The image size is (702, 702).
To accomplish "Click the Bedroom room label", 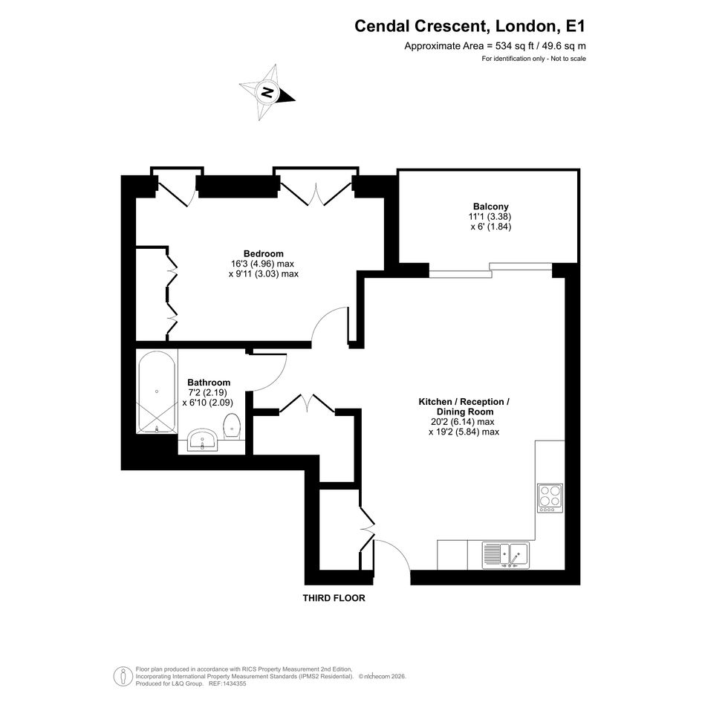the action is (x=263, y=253).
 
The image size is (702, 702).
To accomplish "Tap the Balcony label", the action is (x=491, y=207).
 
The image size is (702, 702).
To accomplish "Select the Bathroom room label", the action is (x=209, y=383).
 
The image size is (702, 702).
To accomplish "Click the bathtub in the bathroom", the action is (x=157, y=392).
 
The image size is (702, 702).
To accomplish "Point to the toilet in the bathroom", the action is (x=232, y=426).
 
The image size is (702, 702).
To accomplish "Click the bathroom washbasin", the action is (x=202, y=440).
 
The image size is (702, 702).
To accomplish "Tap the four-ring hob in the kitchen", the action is (x=550, y=498).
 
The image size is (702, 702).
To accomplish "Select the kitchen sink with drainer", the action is (x=505, y=555).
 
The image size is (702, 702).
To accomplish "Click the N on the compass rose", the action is (x=267, y=93).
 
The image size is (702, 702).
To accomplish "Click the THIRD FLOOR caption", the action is (x=334, y=598).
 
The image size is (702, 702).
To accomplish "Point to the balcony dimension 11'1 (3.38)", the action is (x=490, y=217).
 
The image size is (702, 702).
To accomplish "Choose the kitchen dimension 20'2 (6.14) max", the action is (x=463, y=422).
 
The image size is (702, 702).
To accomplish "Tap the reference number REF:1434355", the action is (x=227, y=683).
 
